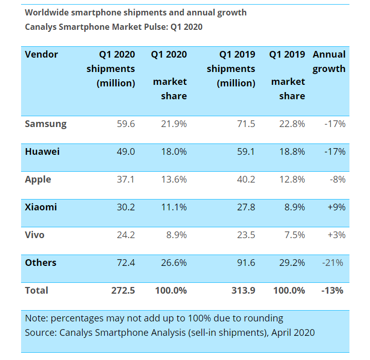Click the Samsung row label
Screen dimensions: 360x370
46,124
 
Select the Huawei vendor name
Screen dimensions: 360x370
42,152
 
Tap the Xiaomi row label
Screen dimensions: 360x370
41,207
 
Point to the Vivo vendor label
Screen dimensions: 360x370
35,235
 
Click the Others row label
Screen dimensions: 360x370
41,263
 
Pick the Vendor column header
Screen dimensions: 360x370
42,55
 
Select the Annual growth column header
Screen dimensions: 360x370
329,62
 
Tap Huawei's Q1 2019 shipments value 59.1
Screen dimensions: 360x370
245,152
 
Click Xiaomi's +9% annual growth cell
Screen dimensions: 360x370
336,207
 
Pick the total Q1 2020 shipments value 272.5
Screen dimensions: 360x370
122,291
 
